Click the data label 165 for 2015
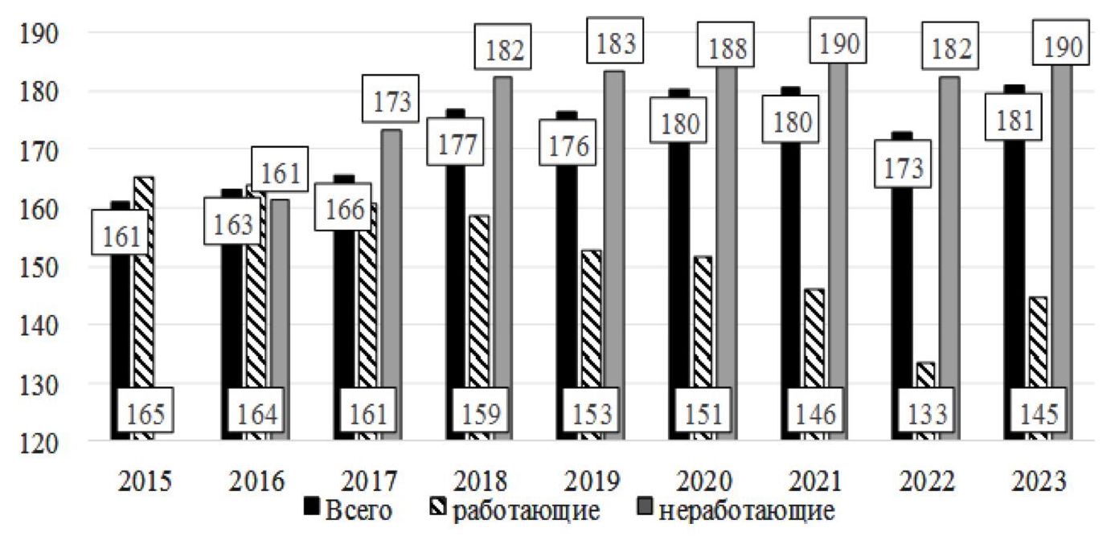[x=144, y=414]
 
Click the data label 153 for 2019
[x=593, y=414]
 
